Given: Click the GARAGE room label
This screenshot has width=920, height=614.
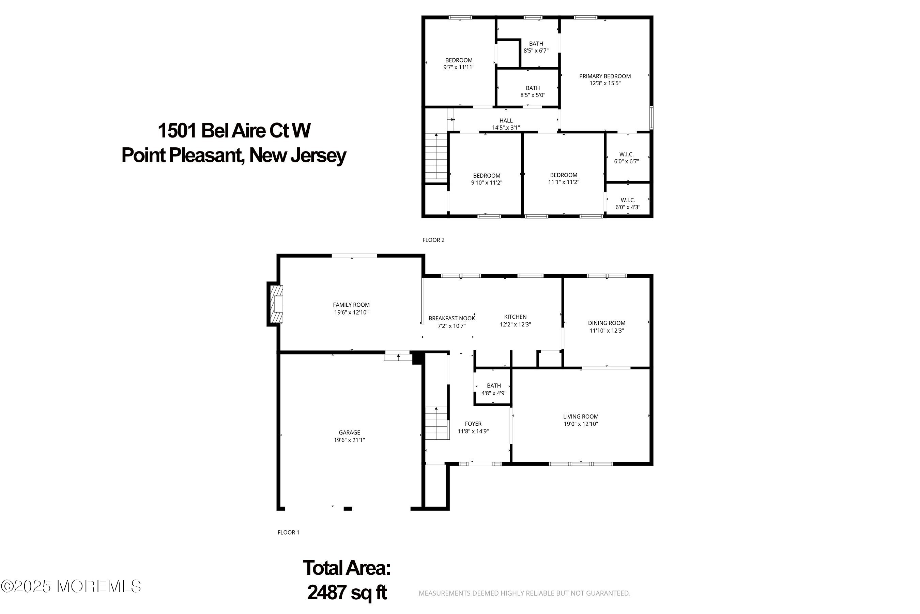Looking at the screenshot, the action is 349,432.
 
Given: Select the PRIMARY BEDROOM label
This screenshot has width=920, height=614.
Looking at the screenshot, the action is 605,76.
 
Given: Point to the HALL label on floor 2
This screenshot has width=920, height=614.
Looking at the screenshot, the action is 506,121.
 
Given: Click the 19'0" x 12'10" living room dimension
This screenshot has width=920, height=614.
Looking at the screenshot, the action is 581,424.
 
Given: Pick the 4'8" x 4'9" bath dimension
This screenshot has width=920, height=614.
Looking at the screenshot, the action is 494,393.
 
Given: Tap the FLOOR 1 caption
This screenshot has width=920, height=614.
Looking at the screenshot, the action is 288,532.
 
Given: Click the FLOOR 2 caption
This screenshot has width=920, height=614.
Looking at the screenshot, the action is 433,240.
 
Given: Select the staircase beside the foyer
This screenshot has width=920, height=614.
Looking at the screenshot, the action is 436,423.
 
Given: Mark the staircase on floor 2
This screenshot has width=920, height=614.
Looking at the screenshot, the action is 436,157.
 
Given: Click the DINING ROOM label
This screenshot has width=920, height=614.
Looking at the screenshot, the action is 606,323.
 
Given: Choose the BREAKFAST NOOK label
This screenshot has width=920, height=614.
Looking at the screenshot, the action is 451,318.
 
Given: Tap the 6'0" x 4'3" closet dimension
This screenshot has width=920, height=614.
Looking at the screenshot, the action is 628,207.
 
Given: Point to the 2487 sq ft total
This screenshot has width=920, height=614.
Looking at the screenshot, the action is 347,593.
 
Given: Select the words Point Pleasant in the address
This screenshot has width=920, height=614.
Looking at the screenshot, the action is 182,156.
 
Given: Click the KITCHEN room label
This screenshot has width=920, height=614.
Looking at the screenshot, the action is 515,317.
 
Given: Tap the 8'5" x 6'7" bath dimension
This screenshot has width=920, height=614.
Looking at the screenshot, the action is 536,50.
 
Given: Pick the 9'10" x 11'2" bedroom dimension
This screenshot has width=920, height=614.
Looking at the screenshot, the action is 487,182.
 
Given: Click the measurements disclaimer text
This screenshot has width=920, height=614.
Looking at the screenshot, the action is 524,593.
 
